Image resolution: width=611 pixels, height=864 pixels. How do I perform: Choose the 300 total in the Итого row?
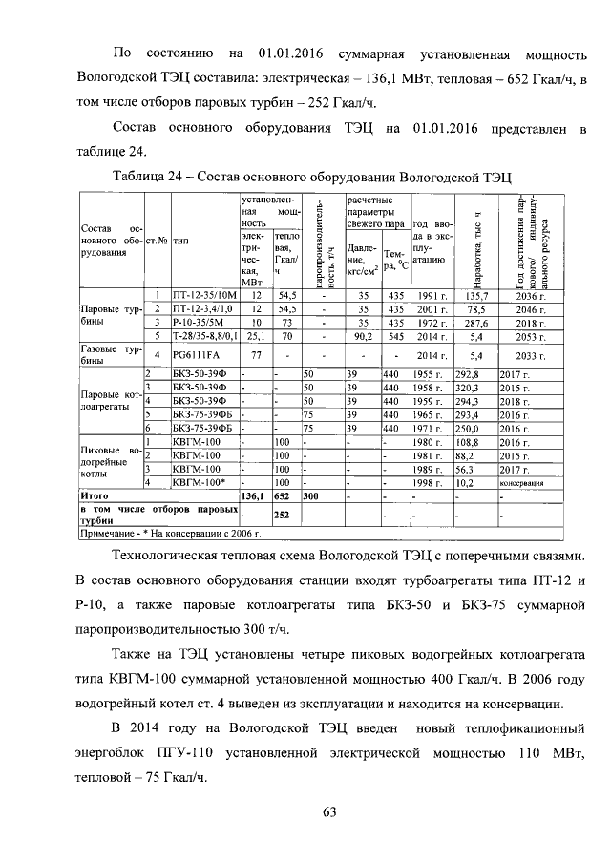pyautogui.click(x=310, y=498)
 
